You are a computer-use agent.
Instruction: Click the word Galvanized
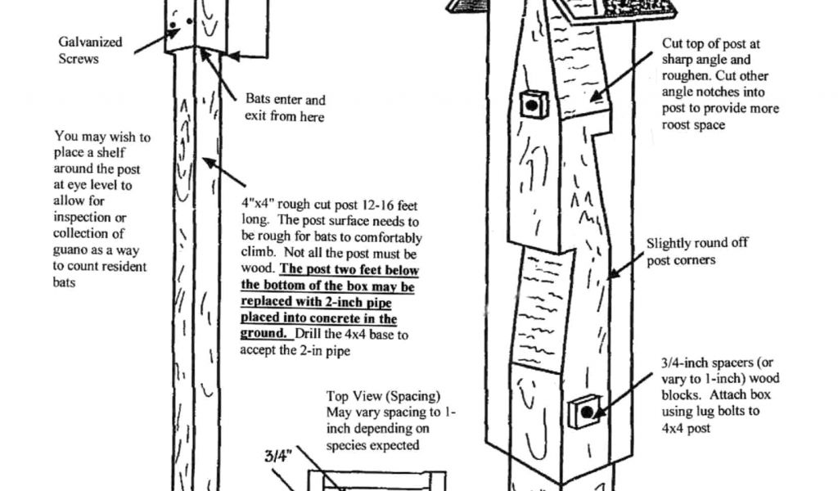[x=90, y=42]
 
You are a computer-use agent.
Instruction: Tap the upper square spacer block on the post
[x=533, y=104]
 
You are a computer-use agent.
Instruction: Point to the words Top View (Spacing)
[x=384, y=395]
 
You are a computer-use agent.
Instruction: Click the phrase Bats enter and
[x=285, y=100]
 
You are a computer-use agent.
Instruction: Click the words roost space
[x=694, y=125]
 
